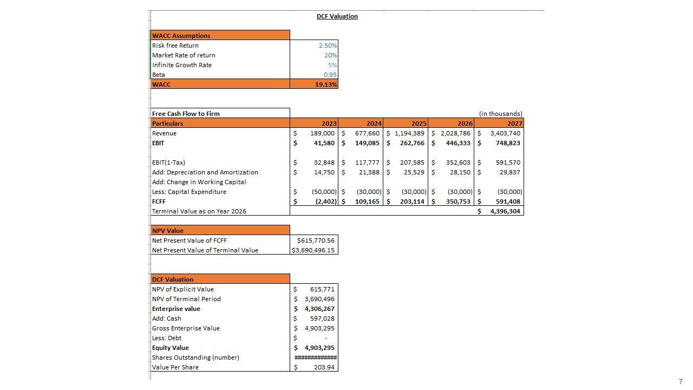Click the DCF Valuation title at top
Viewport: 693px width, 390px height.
point(337,16)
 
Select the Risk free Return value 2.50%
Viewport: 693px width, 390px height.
point(328,45)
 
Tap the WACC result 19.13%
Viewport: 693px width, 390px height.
point(326,84)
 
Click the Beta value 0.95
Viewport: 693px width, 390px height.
point(330,75)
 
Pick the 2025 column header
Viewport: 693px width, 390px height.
point(419,123)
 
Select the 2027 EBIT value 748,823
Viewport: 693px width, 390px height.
point(508,143)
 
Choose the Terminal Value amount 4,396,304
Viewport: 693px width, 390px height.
point(505,211)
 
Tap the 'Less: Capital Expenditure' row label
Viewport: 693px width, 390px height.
point(189,192)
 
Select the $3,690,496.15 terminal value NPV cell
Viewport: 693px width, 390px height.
point(313,250)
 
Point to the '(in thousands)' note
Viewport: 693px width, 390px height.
point(501,114)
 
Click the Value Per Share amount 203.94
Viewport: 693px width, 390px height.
point(324,367)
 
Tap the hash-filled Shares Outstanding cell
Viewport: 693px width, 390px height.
point(315,357)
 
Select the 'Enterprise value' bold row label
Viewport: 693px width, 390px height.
point(176,309)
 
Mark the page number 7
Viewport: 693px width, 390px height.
point(681,382)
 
